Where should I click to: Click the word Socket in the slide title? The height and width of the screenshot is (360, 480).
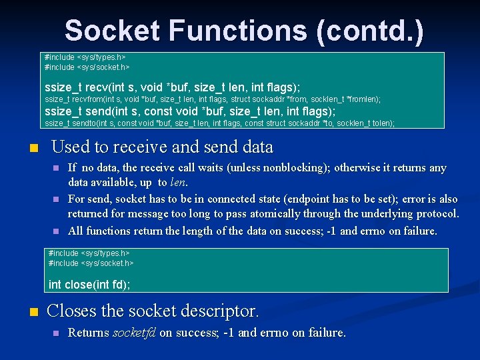click(x=111, y=31)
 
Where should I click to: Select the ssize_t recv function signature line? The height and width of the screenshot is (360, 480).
click(x=172, y=87)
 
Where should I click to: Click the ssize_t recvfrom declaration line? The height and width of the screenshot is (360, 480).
click(x=212, y=99)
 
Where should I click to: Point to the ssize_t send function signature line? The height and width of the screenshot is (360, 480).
click(x=189, y=111)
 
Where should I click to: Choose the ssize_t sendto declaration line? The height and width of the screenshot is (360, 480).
click(x=219, y=123)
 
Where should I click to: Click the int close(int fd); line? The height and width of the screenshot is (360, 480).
click(x=89, y=285)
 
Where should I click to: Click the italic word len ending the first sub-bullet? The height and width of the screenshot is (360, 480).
click(x=179, y=182)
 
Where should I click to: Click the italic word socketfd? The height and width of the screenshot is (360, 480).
click(x=134, y=333)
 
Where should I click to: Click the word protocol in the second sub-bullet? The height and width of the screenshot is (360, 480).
click(x=433, y=214)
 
